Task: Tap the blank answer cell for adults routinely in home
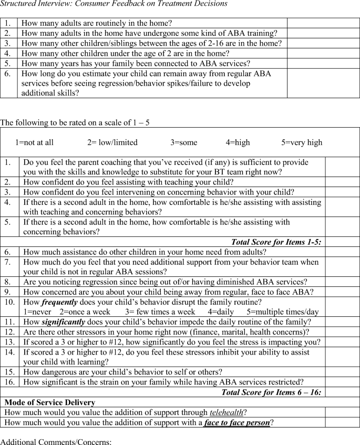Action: pyautogui.click(x=323, y=23)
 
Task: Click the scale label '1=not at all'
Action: pyautogui.click(x=34, y=142)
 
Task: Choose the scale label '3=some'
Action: pyautogui.click(x=183, y=142)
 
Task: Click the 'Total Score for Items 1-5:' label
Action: pyautogui.click(x=276, y=242)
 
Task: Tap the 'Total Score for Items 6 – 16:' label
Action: pyautogui.click(x=271, y=392)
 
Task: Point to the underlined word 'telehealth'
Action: pyautogui.click(x=227, y=412)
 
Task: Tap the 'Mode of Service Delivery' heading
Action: pyautogui.click(x=49, y=402)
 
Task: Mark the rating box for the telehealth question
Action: pyautogui.click(x=342, y=412)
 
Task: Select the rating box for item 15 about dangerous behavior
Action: pyautogui.click(x=342, y=372)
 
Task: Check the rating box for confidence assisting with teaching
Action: pyautogui.click(x=342, y=182)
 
